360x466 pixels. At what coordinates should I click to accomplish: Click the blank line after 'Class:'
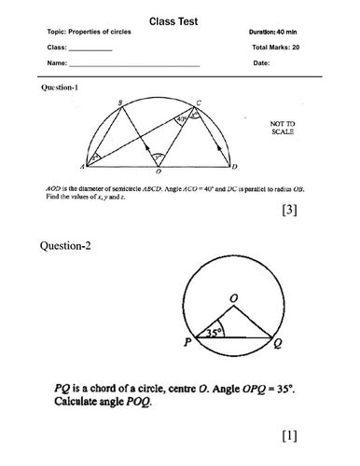[90, 49]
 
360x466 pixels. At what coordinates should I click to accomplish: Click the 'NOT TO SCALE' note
[282, 128]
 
